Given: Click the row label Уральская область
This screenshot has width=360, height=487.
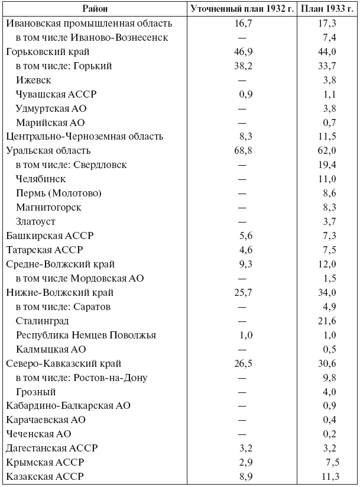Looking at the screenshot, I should [x=48, y=151].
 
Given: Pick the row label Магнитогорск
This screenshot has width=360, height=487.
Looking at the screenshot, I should [x=49, y=207].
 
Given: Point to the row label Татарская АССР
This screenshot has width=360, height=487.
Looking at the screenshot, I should [x=44, y=250].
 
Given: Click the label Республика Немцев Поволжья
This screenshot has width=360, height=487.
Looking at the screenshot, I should [x=86, y=335].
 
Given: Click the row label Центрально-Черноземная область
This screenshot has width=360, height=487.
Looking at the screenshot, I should [x=85, y=137].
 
